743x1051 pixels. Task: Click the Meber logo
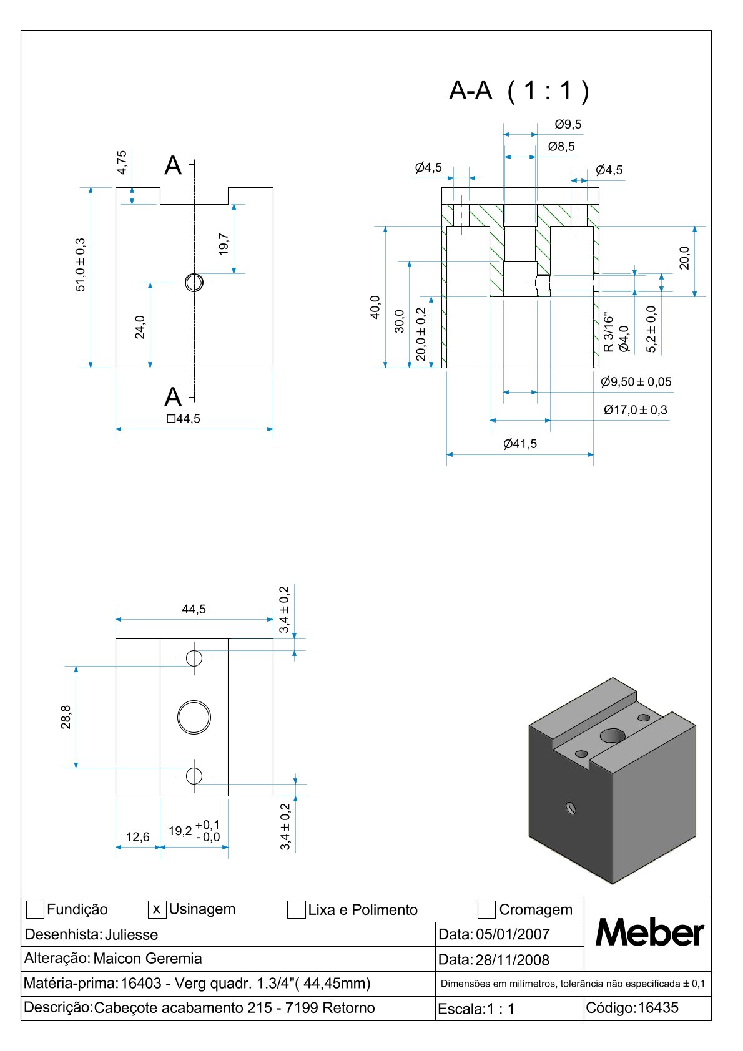(x=649, y=933)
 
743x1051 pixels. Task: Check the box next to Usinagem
(x=157, y=909)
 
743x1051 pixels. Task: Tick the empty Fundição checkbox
(x=35, y=910)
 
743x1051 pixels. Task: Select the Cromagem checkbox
(x=486, y=910)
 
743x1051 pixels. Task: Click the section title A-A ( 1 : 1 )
(x=519, y=91)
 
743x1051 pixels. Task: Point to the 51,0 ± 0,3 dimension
(x=81, y=265)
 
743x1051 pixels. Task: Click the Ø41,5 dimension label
(x=520, y=444)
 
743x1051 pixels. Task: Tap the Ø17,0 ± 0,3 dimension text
(x=635, y=410)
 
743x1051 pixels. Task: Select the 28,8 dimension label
(x=66, y=717)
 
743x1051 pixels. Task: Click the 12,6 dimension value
(x=137, y=837)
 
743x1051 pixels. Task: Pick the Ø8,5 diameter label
(x=561, y=147)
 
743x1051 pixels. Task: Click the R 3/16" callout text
(x=609, y=334)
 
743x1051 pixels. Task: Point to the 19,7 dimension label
(x=224, y=244)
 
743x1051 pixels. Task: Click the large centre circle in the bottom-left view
(x=194, y=717)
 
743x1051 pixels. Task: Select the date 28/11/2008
(x=512, y=960)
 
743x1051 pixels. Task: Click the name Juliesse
(x=131, y=934)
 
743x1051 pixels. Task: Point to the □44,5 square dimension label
(x=184, y=419)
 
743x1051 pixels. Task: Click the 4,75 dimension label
(x=122, y=162)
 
